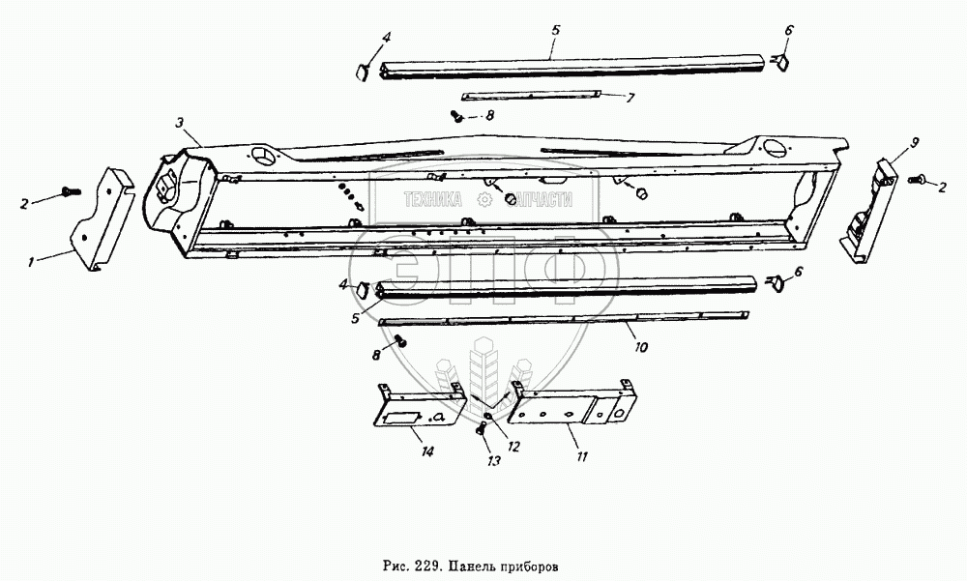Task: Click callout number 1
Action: point(31,263)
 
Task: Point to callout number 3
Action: point(179,123)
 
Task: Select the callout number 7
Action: point(630,99)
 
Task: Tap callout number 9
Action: point(915,143)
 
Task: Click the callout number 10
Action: point(641,347)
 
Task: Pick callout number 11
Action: point(581,456)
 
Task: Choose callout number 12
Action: point(513,446)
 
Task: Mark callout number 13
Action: point(494,460)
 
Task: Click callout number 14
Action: point(426,452)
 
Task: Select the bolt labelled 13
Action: point(481,430)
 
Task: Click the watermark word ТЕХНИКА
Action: point(433,199)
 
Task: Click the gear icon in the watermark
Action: point(484,199)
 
